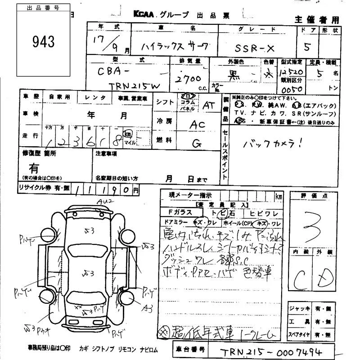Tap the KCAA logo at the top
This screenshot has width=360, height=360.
click(x=143, y=14)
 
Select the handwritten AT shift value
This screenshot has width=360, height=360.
click(x=208, y=105)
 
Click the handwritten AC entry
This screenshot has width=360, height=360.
click(x=197, y=126)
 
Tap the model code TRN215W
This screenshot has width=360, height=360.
click(x=137, y=84)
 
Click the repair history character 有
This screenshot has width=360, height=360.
click(x=34, y=168)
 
